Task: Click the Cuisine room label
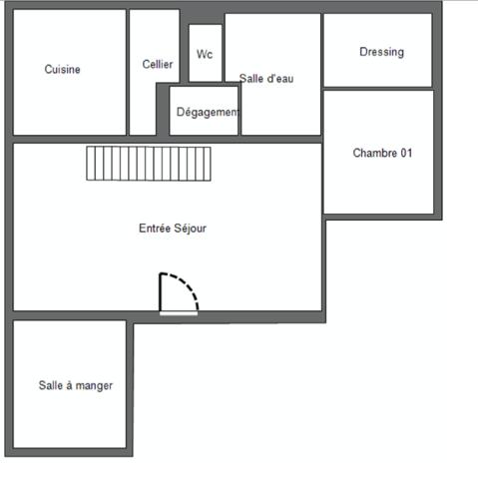point(63,70)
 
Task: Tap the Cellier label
point(158,64)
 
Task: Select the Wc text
point(205,54)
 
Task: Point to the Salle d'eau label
point(266,78)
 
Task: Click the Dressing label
point(381,52)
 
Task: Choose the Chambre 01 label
point(382,154)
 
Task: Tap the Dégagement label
point(208,112)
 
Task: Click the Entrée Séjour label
point(173,228)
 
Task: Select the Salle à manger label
point(76,385)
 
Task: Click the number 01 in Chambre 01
point(405,154)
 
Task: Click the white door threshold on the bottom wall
point(179,313)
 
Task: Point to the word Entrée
point(154,228)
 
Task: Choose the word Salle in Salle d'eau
point(251,78)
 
